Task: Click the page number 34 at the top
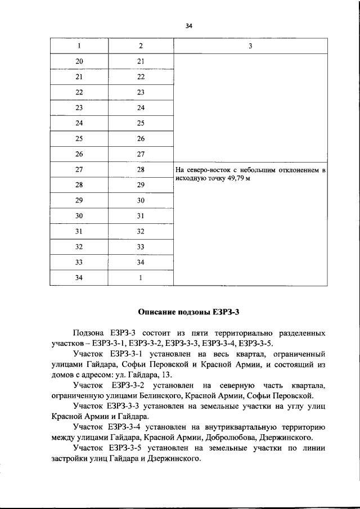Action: [x=188, y=25]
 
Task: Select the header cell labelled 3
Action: [x=250, y=46]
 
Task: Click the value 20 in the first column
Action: [x=79, y=61]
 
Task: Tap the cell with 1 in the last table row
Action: [x=141, y=278]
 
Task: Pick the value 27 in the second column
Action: [x=141, y=154]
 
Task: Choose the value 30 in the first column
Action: [x=79, y=216]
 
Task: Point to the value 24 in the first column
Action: [x=79, y=123]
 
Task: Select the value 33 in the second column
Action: [x=141, y=247]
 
